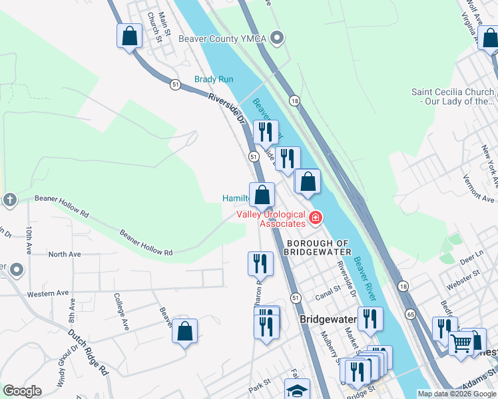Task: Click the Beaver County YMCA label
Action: [222, 39]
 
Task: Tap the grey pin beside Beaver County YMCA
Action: [278, 38]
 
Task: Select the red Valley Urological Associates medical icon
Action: [315, 217]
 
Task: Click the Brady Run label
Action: [214, 79]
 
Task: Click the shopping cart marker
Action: [461, 344]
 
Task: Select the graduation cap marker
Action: [297, 390]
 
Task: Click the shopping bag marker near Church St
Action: [130, 37]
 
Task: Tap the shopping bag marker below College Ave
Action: [185, 331]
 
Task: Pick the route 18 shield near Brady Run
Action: [294, 100]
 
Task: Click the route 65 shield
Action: [410, 313]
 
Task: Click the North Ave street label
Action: [64, 254]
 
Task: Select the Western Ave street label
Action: [48, 293]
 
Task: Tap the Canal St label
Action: [328, 289]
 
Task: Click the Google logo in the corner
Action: [22, 391]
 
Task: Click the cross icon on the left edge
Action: [9, 199]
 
